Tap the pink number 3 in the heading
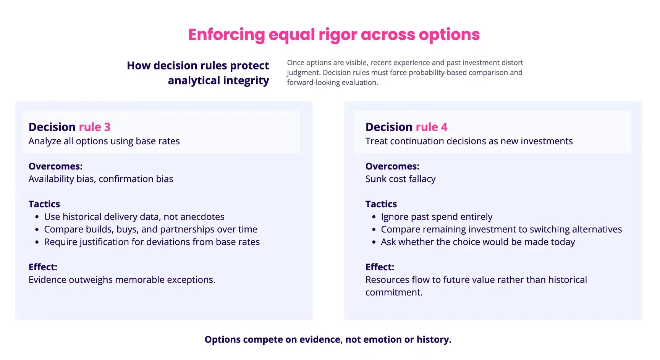[107, 127]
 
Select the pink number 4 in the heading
[444, 127]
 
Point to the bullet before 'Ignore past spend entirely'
[374, 217]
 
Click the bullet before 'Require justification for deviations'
[37, 242]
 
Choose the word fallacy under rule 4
[422, 179]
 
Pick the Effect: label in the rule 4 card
[380, 267]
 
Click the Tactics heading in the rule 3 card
[44, 204]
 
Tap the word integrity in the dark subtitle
[246, 81]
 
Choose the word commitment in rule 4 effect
[393, 292]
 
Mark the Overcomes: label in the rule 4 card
[392, 166]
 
